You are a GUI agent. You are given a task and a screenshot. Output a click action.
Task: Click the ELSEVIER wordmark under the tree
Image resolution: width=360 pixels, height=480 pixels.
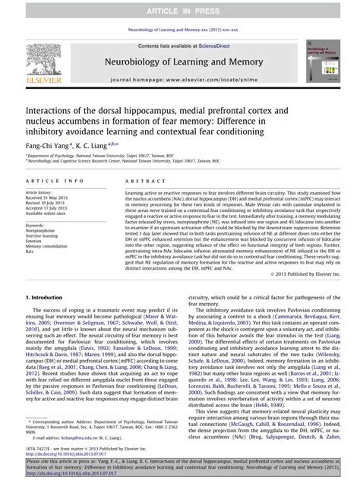tap(45, 78)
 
